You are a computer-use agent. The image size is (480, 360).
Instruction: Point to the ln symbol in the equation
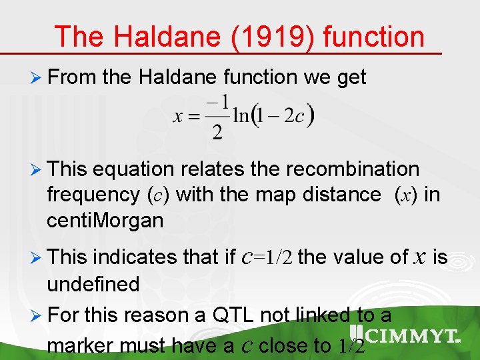pos(242,116)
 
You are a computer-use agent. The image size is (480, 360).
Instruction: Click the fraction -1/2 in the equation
pos(217,117)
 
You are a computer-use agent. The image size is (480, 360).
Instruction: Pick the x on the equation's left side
pos(178,117)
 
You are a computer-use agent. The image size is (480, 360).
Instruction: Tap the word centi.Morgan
pos(105,221)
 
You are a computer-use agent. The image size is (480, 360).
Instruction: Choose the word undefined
pos(93,285)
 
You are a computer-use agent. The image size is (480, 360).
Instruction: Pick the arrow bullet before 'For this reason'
pos(37,315)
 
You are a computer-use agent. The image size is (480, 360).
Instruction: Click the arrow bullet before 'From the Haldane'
pos(37,77)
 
